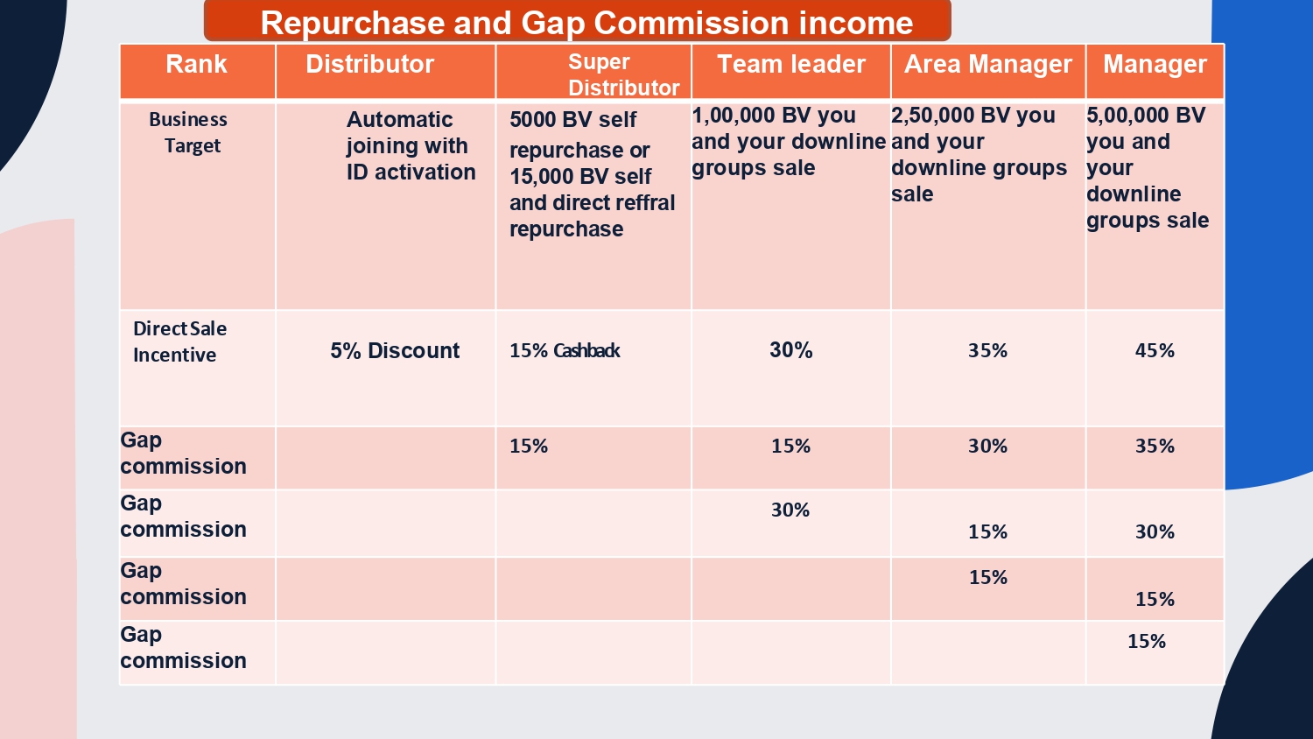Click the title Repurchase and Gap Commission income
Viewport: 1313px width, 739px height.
[586, 23]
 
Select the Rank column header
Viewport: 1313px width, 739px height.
[196, 65]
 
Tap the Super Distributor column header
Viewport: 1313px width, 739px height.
[622, 74]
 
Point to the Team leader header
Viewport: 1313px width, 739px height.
[790, 65]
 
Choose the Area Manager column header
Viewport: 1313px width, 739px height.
[987, 65]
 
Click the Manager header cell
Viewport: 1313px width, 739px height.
[1155, 65]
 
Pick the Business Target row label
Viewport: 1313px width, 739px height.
[189, 132]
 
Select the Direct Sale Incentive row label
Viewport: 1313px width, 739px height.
[179, 341]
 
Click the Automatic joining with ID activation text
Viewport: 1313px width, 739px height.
[411, 145]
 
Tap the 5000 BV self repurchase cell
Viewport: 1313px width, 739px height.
[592, 174]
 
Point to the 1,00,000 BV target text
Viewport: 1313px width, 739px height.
[788, 142]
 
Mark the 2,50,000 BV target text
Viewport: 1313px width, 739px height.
[979, 155]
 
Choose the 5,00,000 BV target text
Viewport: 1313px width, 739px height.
[1147, 168]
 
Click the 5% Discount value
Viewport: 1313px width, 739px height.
[395, 351]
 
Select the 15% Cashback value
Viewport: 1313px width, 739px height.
[565, 351]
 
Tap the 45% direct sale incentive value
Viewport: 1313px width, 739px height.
[1155, 351]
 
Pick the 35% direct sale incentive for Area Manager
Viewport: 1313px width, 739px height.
[987, 351]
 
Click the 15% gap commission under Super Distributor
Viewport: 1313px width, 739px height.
[529, 447]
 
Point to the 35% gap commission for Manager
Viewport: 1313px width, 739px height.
[1155, 447]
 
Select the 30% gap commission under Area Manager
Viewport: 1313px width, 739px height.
[987, 447]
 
